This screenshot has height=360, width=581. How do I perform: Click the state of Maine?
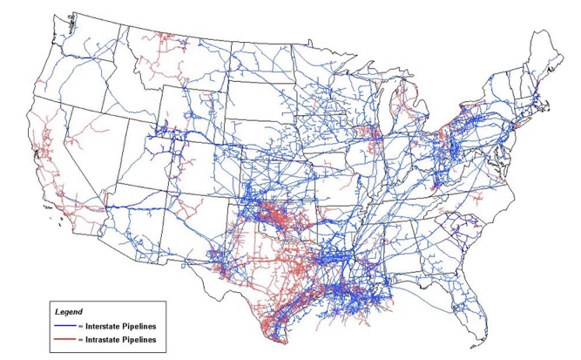547,61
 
